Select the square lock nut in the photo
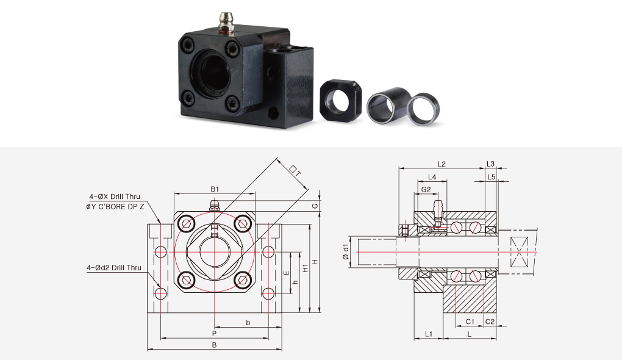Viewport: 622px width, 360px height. pyautogui.click(x=341, y=99)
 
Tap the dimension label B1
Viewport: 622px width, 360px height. pyautogui.click(x=215, y=189)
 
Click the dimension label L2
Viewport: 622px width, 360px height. pyautogui.click(x=441, y=164)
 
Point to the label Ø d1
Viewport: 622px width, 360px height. pyautogui.click(x=346, y=252)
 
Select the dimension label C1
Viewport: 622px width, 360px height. pyautogui.click(x=470, y=322)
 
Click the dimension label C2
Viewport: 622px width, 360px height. pyautogui.click(x=490, y=322)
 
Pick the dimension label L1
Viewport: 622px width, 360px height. pyautogui.click(x=429, y=334)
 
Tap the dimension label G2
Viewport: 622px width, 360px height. pyautogui.click(x=426, y=190)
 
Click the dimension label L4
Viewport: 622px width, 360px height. pyautogui.click(x=432, y=177)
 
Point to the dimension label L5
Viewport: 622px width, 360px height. pyautogui.click(x=491, y=177)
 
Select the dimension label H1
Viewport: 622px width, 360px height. pyautogui.click(x=306, y=268)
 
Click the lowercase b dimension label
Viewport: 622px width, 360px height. pyautogui.click(x=248, y=323)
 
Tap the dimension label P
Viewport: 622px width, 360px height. pyautogui.click(x=214, y=334)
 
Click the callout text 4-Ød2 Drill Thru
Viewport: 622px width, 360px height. pyautogui.click(x=114, y=268)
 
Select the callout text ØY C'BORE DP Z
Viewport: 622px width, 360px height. pyautogui.click(x=115, y=207)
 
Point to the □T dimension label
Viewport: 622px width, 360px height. pyautogui.click(x=296, y=171)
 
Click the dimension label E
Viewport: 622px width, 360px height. pyautogui.click(x=287, y=273)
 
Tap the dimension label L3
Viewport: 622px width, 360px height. pyautogui.click(x=491, y=164)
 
